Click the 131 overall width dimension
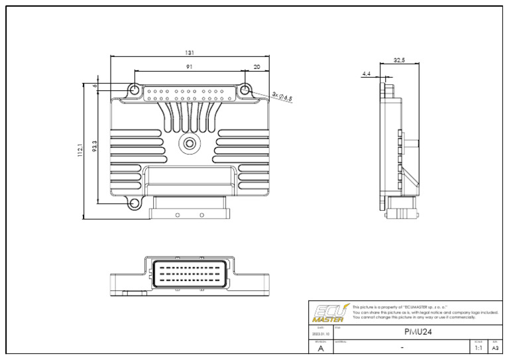pos(190,53)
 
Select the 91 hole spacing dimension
pos(190,66)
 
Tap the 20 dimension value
pos(257,66)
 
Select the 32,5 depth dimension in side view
pos(399,60)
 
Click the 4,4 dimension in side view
pos(367,74)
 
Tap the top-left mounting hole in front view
pos(134,90)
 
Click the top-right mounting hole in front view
pos(245,90)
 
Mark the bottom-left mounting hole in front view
pos(134,204)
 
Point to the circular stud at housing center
pos(190,142)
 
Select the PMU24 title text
pos(418,331)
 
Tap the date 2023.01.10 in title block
pos(321,334)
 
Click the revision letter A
pos(321,348)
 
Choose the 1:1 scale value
pos(478,347)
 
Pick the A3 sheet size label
pos(494,347)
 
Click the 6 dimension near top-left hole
pos(95,86)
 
